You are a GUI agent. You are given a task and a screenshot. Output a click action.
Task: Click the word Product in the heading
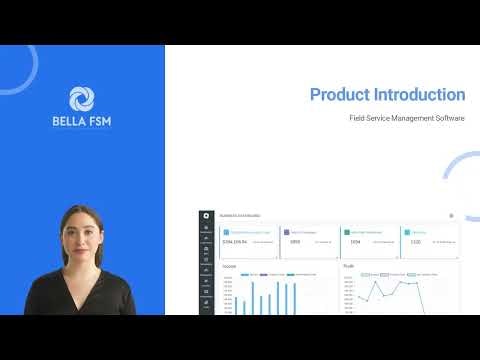(x=340, y=95)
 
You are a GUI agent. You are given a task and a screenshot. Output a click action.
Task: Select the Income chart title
(x=229, y=266)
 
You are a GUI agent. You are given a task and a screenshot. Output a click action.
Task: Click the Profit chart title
(x=349, y=266)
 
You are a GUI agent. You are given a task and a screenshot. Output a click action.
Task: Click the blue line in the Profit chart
(x=390, y=288)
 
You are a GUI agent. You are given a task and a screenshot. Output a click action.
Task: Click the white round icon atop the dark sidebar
(x=205, y=215)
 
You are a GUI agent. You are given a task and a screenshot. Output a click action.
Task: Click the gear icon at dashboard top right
(x=451, y=215)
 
